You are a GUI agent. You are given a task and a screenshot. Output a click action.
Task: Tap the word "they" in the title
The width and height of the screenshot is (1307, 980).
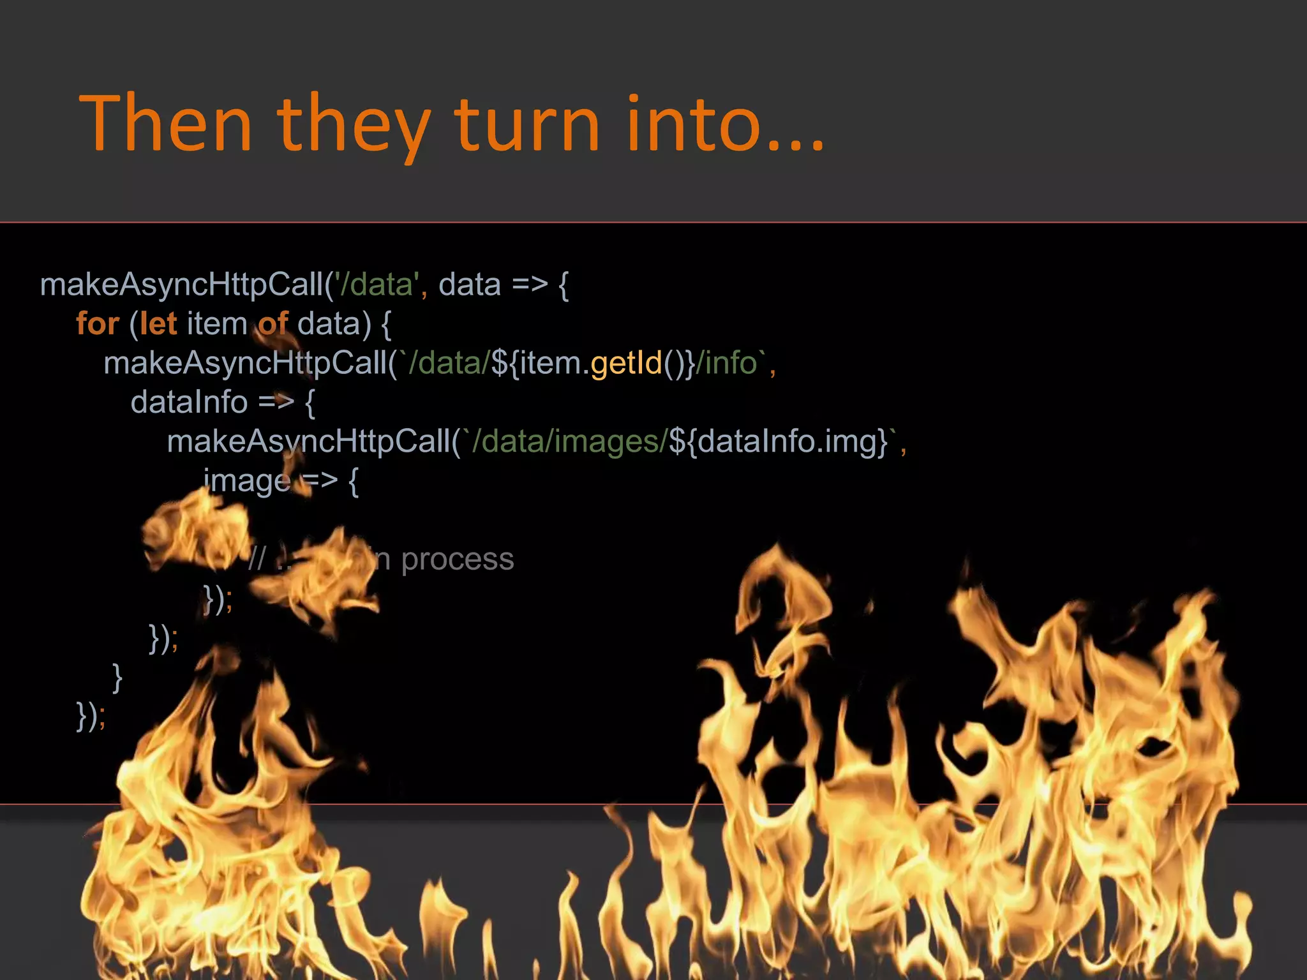(354, 126)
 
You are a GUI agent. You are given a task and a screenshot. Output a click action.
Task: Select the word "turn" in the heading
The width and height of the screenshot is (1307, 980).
(527, 124)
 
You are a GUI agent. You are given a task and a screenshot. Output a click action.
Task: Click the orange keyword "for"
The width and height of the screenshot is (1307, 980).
(98, 323)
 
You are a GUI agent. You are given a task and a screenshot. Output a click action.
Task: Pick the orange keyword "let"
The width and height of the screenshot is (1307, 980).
(158, 323)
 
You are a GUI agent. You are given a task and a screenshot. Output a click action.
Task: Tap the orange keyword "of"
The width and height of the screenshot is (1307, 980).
(273, 323)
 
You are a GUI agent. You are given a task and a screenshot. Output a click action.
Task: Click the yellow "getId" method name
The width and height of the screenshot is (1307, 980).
(627, 363)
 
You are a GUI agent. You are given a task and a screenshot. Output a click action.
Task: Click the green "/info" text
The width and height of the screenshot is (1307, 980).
(726, 363)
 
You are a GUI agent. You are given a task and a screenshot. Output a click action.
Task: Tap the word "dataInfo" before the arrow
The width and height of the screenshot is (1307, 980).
(189, 403)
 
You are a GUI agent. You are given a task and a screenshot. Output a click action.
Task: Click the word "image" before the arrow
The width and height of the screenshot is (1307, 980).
(246, 481)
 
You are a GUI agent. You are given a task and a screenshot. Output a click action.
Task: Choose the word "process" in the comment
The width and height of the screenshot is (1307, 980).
(457, 560)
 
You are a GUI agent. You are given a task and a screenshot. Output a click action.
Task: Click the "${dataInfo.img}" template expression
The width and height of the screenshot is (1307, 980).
(778, 442)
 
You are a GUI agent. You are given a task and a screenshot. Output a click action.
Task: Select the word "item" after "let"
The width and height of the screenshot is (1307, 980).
(217, 323)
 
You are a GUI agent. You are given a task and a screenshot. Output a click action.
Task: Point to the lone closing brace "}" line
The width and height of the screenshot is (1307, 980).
(117, 677)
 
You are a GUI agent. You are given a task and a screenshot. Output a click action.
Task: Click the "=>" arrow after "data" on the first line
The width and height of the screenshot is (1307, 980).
(530, 285)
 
